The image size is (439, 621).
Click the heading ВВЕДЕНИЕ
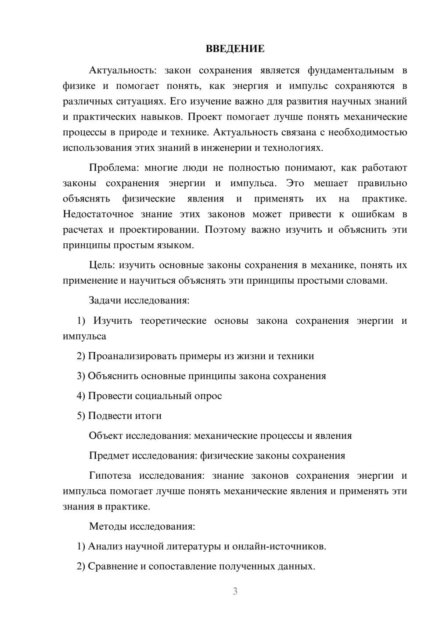235,49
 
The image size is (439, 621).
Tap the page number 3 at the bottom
235,591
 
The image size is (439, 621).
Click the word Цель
101,265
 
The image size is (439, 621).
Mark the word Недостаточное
98,214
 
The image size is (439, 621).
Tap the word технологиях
293,148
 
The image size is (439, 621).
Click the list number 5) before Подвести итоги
81,416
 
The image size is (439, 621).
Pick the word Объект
106,436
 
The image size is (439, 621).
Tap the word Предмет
109,455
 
